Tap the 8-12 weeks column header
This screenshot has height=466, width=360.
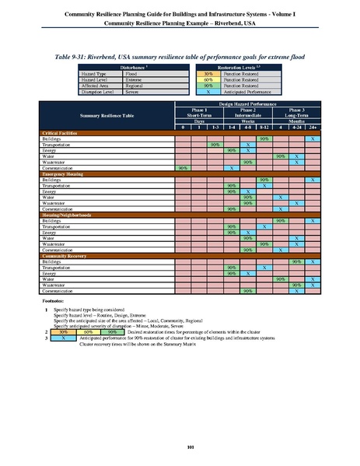pos(265,127)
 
